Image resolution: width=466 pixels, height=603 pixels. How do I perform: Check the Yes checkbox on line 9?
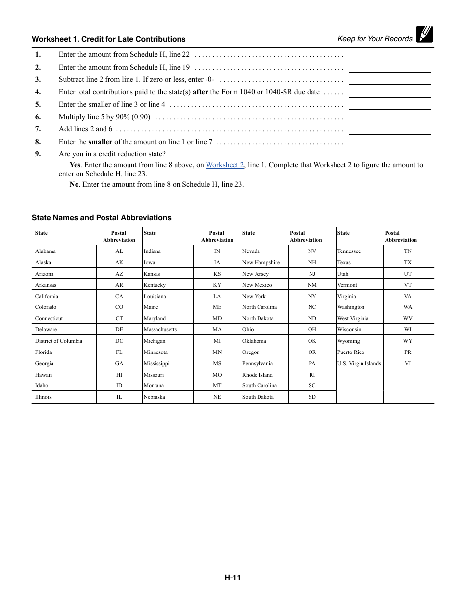pos(62,164)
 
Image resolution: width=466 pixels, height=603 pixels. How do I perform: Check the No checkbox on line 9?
pos(62,184)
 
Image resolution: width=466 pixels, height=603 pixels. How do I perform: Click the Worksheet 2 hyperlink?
pos(225,165)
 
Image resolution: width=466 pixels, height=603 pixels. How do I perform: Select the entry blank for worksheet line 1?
pos(389,55)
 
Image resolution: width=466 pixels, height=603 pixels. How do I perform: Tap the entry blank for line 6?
pos(389,117)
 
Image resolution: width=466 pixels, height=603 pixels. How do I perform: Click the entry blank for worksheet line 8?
pos(389,142)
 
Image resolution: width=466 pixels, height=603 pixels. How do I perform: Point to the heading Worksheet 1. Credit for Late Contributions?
pos(108,39)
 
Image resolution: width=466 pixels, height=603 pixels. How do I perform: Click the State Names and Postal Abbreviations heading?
pos(102,218)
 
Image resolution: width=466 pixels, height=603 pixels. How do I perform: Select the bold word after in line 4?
pos(200,92)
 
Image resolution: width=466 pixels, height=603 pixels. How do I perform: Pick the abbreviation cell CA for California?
pos(119,296)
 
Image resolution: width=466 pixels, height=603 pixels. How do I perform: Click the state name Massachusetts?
pos(160,330)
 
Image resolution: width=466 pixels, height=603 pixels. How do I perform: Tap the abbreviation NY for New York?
pos(312,296)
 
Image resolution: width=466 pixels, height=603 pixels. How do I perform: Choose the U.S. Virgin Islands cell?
pos(359,363)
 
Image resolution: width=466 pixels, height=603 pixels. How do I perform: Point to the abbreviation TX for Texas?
pos(408,262)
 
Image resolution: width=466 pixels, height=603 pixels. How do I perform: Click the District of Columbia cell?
pos(59,341)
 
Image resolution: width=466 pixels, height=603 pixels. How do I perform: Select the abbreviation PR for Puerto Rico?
pos(408,352)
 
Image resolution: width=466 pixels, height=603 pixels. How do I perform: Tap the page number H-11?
pos(233,578)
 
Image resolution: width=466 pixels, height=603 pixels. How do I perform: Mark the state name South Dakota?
pos(258,397)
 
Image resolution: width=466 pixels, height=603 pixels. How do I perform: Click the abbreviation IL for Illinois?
pos(119,397)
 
